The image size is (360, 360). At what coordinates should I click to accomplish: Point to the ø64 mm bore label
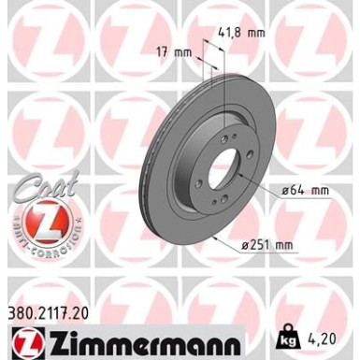(306, 192)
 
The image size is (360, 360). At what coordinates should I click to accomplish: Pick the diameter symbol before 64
(283, 192)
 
